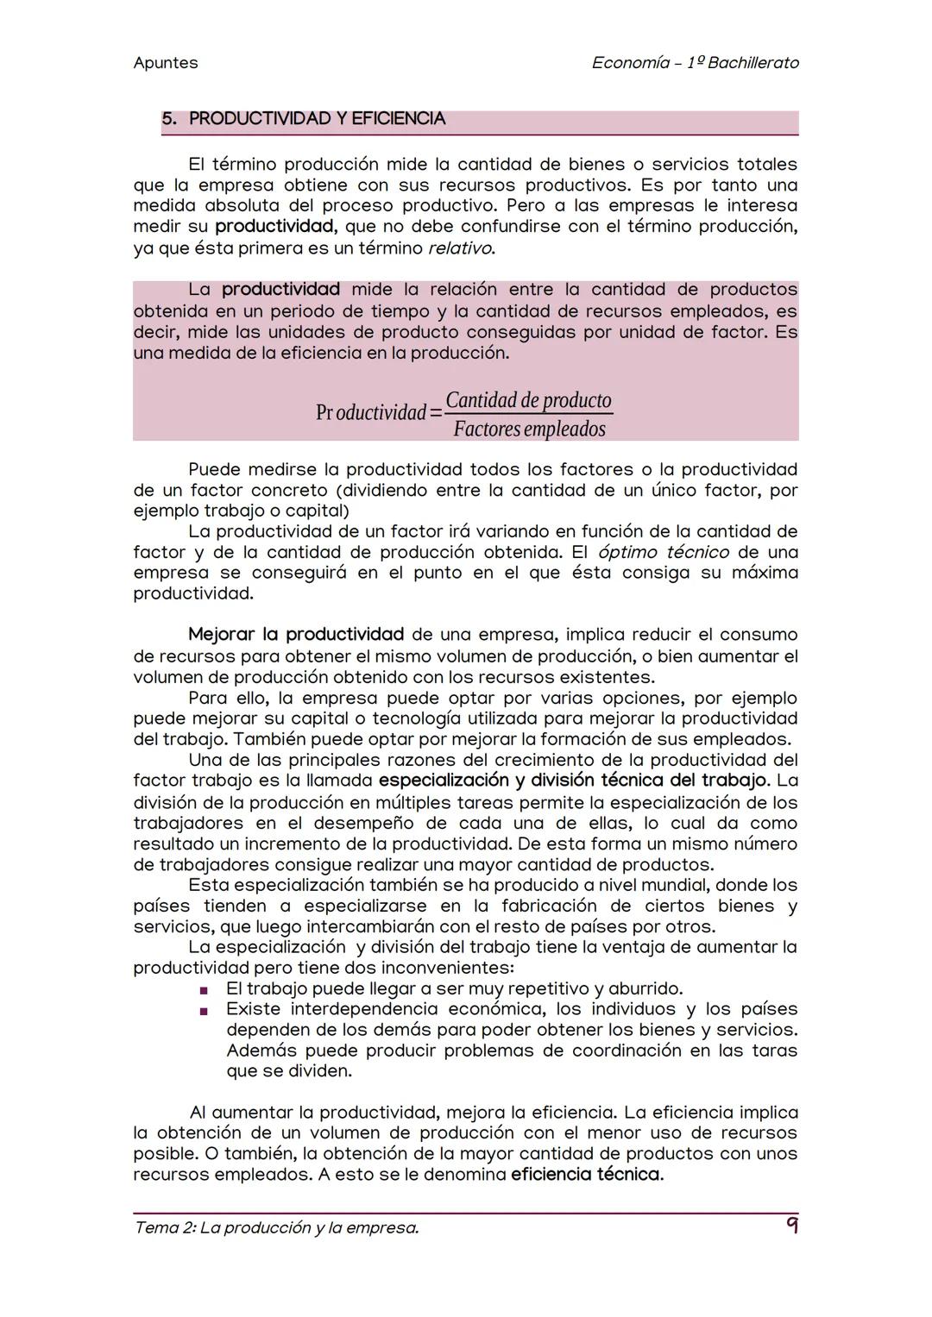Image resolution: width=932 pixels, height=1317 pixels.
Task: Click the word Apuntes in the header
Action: point(166,63)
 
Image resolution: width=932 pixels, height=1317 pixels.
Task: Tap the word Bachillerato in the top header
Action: point(753,63)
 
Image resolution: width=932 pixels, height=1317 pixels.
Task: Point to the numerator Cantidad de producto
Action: point(528,400)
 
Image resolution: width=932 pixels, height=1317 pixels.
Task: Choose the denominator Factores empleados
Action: point(529,429)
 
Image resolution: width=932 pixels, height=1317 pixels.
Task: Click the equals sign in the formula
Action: point(436,413)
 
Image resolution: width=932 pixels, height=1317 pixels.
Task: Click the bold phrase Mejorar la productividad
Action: point(296,636)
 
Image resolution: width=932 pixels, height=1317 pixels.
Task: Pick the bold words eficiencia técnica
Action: point(587,1175)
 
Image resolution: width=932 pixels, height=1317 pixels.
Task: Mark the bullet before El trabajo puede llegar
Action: point(205,990)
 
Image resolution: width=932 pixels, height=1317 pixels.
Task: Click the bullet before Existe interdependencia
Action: point(205,1011)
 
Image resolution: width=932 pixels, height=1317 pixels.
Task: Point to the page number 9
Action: point(790,1226)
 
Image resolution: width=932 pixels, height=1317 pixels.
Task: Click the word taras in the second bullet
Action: point(774,1050)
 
